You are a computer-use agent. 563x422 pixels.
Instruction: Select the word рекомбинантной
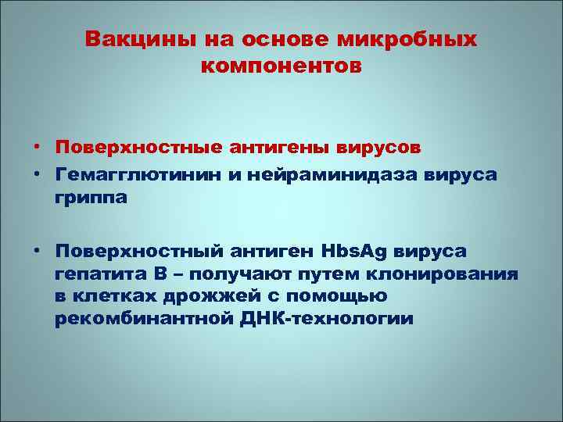[x=136, y=320]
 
